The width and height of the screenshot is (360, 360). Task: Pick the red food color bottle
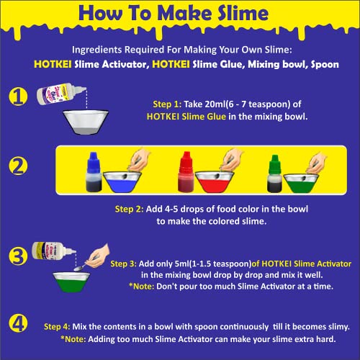186,173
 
